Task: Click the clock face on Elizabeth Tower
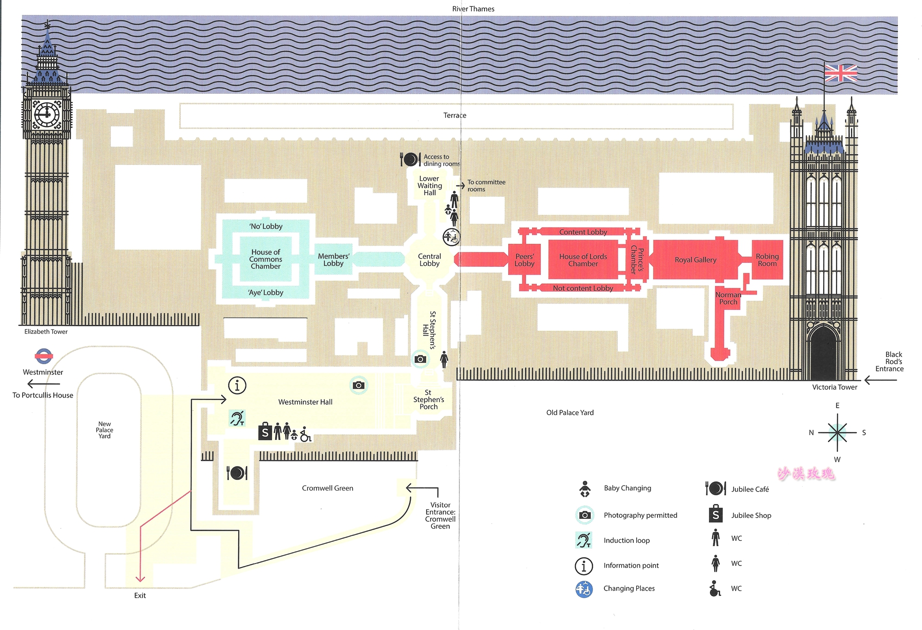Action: tap(47, 114)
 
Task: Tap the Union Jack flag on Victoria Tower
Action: tap(841, 73)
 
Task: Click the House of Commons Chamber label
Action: tap(265, 259)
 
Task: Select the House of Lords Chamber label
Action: tap(583, 260)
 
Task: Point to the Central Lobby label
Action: tap(429, 260)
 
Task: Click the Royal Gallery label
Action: tap(695, 260)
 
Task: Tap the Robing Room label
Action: tap(767, 260)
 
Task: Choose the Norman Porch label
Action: tap(728, 298)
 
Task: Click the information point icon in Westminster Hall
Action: tap(237, 385)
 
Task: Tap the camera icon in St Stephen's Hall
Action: tap(421, 359)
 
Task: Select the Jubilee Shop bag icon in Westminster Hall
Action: tap(265, 432)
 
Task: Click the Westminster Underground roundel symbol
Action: tap(44, 356)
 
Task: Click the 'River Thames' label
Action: tap(473, 9)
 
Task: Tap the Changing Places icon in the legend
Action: tap(584, 589)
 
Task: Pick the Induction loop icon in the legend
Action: tap(583, 540)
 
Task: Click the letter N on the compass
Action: tap(811, 433)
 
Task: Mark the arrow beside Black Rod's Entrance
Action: tap(880, 380)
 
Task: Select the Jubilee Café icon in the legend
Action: tap(716, 489)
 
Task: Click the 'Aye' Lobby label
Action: tap(265, 292)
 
